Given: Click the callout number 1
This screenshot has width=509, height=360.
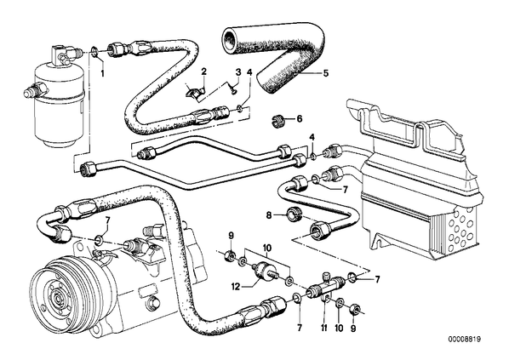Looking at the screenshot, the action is [103, 73].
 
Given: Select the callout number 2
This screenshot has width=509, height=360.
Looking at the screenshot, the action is [204, 71].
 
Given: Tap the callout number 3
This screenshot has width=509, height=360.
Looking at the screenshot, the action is [238, 71].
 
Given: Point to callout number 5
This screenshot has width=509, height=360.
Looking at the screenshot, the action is [326, 73].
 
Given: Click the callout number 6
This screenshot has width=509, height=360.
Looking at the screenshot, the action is [299, 119].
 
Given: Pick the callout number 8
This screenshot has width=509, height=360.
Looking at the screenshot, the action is [269, 215].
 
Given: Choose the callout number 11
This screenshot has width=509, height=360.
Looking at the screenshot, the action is [324, 329].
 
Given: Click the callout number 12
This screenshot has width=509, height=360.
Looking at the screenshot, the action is [236, 287].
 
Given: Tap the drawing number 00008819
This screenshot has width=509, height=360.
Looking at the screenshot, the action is [465, 340].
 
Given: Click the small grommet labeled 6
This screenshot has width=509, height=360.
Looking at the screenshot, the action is [277, 121].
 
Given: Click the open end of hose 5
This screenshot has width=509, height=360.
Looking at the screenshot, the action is [232, 40].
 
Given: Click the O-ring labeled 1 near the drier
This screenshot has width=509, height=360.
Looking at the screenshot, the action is [94, 51].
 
